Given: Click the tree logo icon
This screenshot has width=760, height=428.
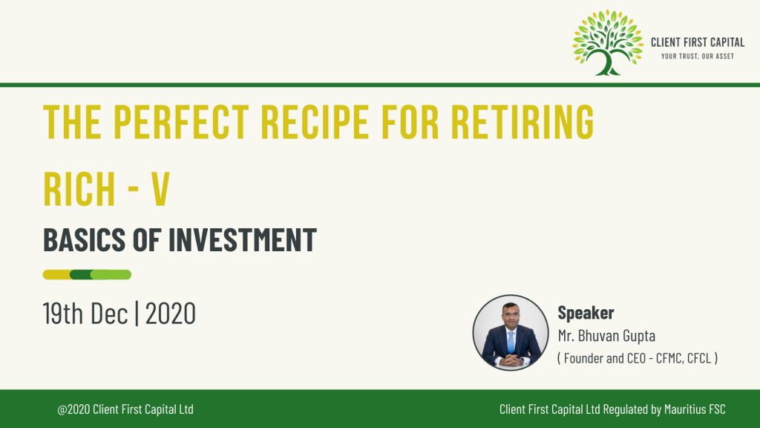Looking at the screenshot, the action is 608,42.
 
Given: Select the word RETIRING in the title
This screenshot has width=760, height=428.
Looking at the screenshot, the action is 522,121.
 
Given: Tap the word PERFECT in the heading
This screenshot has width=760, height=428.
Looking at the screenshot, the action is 181,121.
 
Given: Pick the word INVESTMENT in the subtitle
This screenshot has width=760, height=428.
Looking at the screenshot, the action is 243,240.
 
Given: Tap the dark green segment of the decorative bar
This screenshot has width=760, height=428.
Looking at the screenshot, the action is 81,275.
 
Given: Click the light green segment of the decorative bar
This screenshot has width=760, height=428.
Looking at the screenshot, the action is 111,275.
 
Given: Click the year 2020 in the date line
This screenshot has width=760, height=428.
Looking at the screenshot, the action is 171,313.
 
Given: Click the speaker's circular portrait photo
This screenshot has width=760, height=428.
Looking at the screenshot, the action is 511,333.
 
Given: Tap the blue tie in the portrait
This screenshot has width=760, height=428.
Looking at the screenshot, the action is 511,342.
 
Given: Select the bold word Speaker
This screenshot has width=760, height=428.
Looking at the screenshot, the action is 586,313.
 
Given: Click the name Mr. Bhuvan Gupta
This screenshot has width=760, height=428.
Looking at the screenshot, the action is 606,335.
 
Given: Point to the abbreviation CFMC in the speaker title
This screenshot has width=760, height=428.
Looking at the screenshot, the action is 669,358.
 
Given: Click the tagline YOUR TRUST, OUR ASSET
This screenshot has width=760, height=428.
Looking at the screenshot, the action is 698,56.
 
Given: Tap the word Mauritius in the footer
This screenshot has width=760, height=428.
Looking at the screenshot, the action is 685,409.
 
